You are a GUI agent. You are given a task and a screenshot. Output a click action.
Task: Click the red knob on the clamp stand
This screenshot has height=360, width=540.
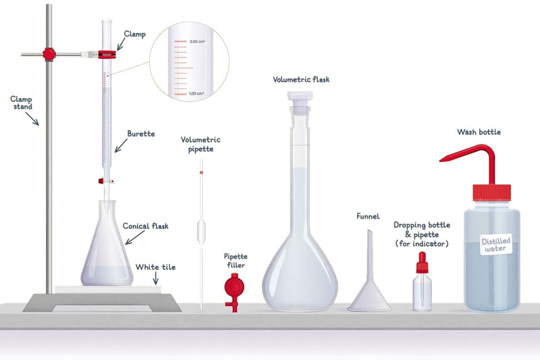[49, 55]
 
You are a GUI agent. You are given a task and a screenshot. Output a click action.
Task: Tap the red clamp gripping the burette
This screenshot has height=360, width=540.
[107, 55]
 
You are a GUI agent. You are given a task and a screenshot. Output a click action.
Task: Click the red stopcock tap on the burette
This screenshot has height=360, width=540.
[101, 181]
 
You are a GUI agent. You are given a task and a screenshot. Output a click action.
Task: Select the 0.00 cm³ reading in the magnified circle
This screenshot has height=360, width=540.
[197, 42]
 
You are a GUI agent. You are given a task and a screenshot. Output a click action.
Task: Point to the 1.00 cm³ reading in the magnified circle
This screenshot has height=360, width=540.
[196, 94]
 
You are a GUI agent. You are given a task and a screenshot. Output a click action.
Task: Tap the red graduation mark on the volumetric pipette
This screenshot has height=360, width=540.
[201, 172]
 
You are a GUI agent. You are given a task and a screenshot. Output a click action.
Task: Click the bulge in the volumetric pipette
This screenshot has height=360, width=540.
[201, 231]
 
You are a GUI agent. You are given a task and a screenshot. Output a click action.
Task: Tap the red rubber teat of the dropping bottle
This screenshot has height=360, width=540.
[423, 263]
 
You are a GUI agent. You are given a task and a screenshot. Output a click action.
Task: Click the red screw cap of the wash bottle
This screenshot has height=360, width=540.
[491, 192]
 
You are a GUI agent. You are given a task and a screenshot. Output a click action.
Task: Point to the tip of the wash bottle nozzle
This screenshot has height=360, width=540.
[441, 160]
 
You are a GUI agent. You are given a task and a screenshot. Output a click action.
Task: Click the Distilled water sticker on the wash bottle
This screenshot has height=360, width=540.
[496, 245]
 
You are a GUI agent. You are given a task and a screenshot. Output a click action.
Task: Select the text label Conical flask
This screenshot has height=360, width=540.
[146, 226]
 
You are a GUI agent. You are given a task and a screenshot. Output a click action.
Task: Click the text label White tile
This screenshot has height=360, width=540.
[155, 267]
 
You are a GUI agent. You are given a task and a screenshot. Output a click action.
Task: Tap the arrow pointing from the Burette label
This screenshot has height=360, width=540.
[121, 146]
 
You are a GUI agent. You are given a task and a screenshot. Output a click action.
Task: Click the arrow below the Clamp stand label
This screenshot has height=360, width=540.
[32, 119]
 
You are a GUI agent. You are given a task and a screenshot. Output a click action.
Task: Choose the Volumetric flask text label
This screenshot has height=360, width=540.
[301, 80]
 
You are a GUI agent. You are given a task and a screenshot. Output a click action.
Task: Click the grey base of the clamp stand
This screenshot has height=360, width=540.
[102, 303]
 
